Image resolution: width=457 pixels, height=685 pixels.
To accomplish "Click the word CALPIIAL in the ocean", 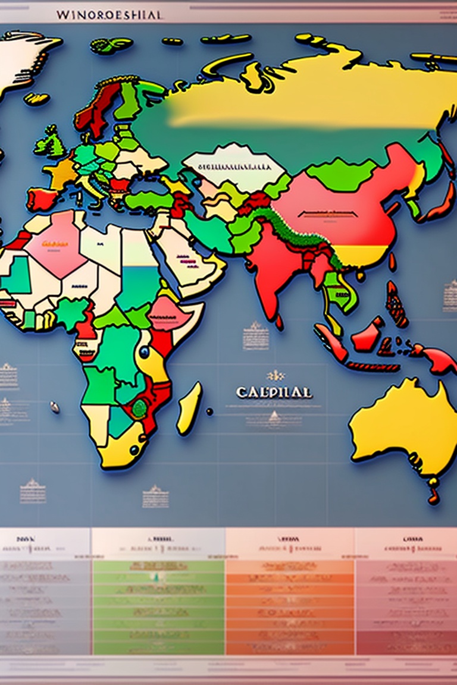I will point(273,393).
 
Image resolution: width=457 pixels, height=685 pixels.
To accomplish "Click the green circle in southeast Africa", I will point(140,407).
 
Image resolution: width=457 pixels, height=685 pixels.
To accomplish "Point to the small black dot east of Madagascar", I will point(209,411).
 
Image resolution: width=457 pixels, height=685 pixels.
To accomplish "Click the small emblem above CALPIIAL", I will point(276,376).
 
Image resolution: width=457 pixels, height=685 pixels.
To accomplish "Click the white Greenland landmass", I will point(24,56).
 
